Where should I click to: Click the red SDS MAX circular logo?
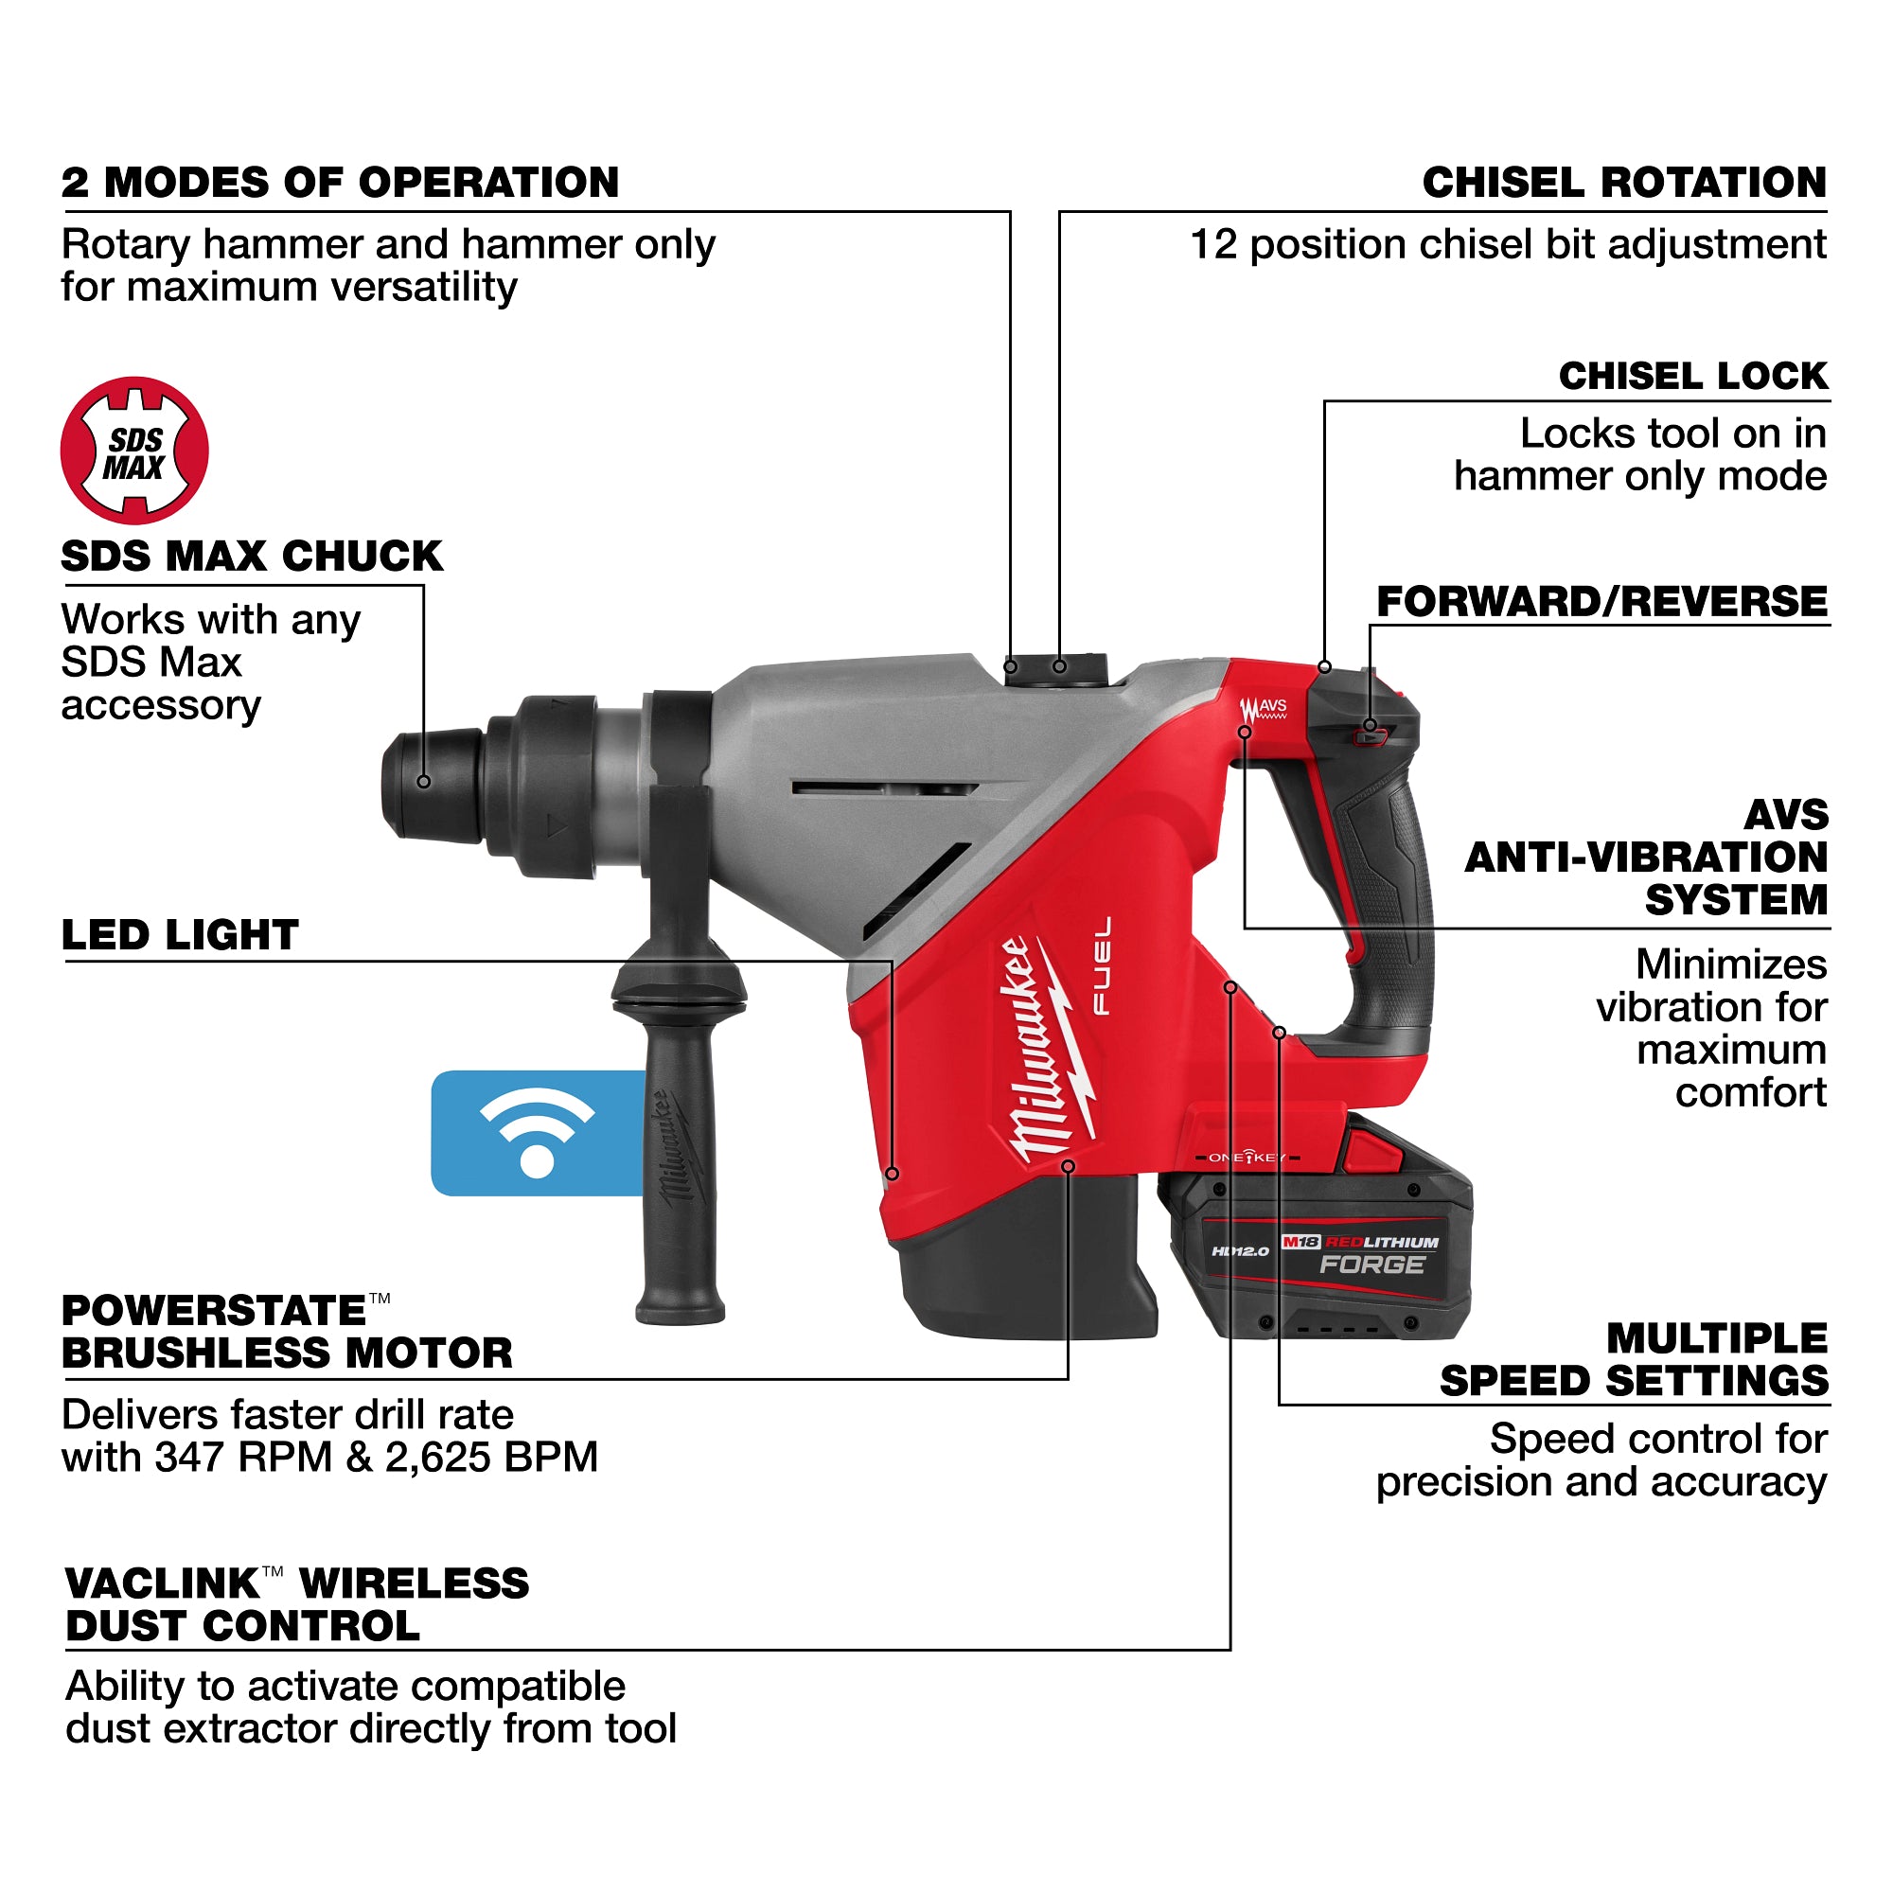134,450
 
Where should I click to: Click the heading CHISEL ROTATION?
1623,184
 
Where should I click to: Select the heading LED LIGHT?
179,935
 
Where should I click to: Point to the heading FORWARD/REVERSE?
1601,602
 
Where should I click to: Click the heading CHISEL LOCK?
1692,377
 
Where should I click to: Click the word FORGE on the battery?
1371,1265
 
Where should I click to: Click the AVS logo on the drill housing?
1263,708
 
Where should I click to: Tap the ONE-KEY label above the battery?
1247,1159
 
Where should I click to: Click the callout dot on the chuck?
423,782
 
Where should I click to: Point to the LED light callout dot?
892,1173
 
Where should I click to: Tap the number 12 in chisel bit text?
1213,245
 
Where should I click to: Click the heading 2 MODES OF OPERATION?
340,184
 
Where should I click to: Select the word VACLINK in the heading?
162,1584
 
